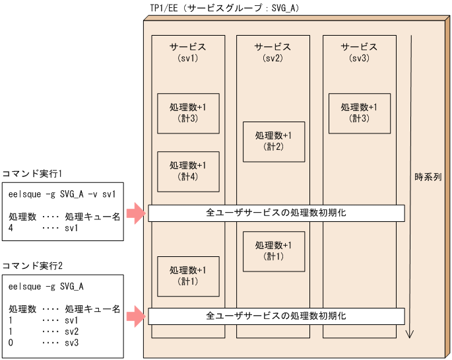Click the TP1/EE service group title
click(x=234, y=9)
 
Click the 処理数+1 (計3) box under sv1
click(x=188, y=113)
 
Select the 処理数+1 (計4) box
click(x=188, y=171)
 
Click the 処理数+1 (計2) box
click(x=274, y=141)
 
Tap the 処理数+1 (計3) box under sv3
click(x=360, y=113)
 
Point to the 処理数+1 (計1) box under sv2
click(x=274, y=251)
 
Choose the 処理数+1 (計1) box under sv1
click(x=188, y=276)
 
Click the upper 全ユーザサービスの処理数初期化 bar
click(x=276, y=213)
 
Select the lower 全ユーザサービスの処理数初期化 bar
click(x=276, y=316)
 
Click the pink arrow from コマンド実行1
click(x=135, y=213)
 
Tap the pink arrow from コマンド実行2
click(x=135, y=316)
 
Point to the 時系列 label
click(x=428, y=178)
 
